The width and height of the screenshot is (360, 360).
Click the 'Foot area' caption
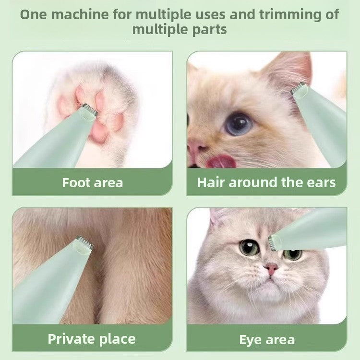(x=92, y=183)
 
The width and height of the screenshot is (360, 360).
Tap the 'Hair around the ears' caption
(x=266, y=182)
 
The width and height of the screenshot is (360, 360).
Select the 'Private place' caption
(x=92, y=339)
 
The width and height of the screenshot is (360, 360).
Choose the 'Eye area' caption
(x=267, y=340)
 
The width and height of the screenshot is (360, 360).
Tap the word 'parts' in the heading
(x=208, y=29)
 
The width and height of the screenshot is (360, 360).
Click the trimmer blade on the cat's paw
(x=90, y=110)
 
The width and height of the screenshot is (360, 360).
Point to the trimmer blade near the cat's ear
(x=299, y=87)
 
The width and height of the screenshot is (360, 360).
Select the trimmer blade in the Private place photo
(x=84, y=242)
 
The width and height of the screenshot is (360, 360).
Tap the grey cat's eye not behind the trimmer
(x=249, y=247)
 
